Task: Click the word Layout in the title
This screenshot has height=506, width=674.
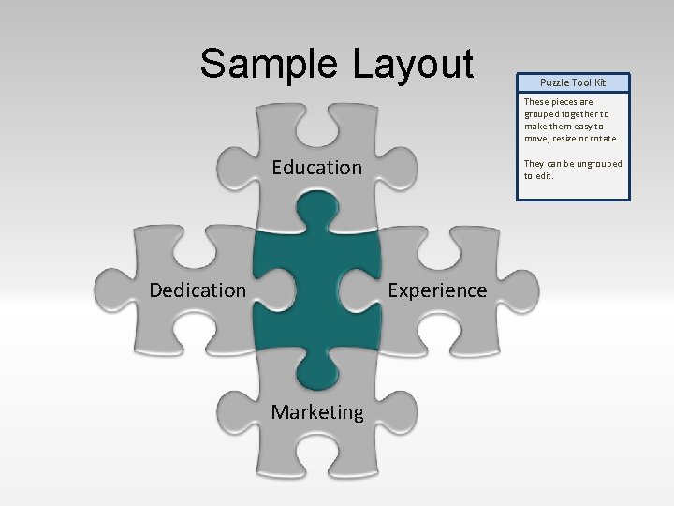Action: click(414, 64)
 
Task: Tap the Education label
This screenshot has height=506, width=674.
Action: click(316, 168)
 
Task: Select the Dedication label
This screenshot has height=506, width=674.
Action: click(198, 290)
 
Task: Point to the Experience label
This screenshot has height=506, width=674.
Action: click(437, 290)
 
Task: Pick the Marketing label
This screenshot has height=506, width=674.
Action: click(317, 412)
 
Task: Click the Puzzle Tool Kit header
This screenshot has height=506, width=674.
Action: click(573, 82)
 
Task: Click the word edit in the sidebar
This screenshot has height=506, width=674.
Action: click(540, 176)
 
